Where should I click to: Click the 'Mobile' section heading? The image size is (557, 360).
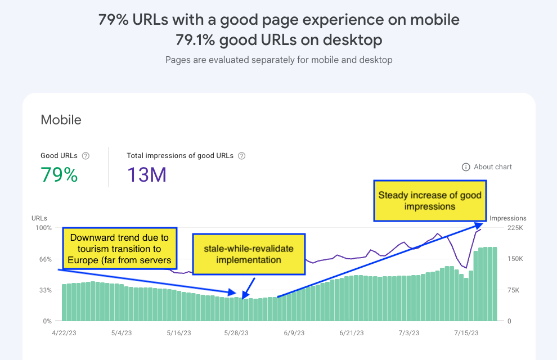61,120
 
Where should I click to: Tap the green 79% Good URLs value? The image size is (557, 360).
59,175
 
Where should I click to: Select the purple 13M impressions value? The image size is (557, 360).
146,175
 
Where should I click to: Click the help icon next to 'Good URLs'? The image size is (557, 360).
86,156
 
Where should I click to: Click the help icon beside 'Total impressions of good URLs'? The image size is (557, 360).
241,156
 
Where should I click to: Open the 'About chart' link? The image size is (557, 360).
487,167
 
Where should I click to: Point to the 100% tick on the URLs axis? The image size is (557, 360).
43,228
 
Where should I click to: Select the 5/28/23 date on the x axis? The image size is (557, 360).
236,333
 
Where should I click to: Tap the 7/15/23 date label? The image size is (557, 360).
467,333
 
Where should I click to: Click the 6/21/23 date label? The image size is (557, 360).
352,333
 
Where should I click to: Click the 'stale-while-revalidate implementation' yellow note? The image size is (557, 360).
249,254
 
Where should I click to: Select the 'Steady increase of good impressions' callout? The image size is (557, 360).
430,201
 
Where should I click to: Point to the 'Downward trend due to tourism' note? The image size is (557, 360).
119,249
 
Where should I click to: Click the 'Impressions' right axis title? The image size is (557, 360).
508,218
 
